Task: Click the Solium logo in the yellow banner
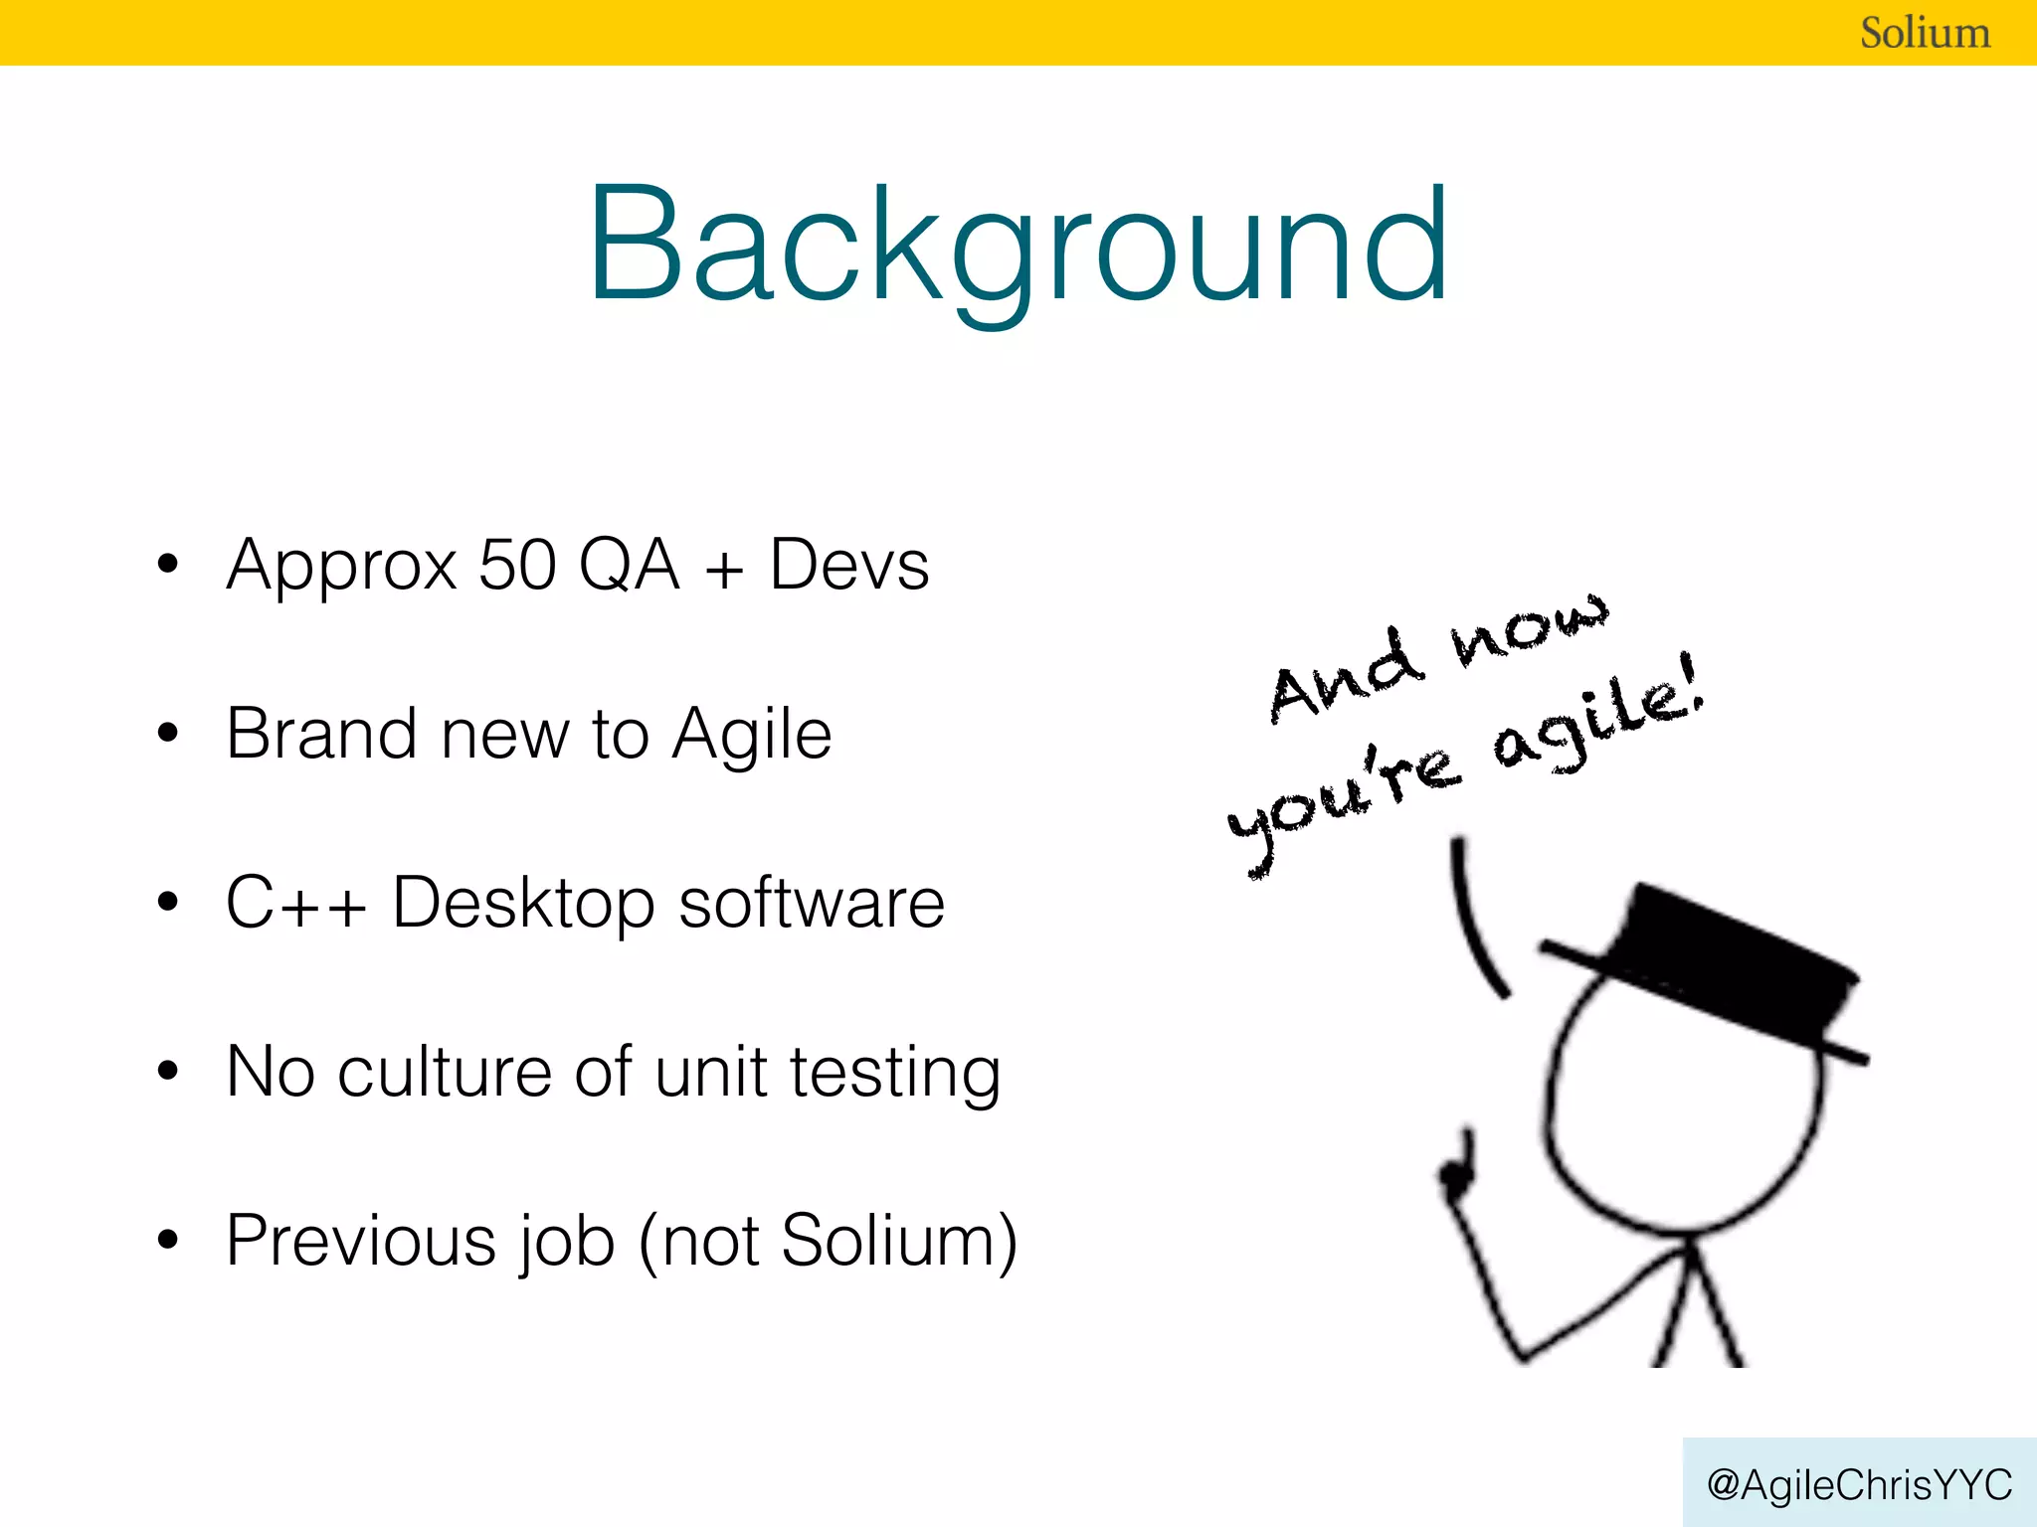point(1925,33)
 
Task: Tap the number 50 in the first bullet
point(517,565)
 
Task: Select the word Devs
point(849,565)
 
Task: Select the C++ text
point(295,903)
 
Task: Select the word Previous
point(360,1241)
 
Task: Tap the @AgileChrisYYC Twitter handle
point(1859,1484)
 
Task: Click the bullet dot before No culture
point(167,1072)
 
